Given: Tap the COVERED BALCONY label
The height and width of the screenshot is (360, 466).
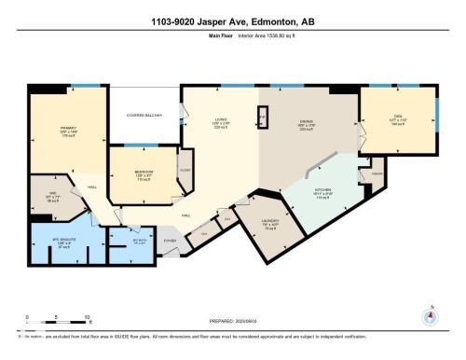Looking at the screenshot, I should (x=146, y=117).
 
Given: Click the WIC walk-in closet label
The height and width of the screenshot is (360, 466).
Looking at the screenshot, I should (x=53, y=194).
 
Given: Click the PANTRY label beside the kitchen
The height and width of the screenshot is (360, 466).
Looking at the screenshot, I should (x=378, y=173).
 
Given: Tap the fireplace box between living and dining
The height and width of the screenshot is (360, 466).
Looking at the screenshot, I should (x=263, y=118).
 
